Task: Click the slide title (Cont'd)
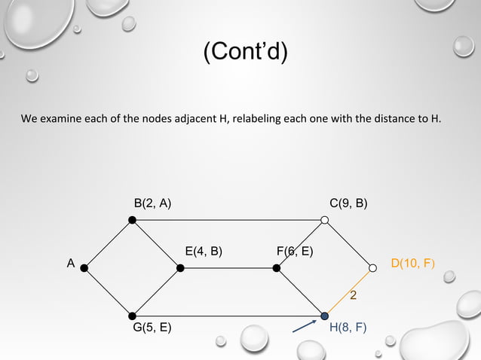pos(246,53)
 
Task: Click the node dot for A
pos(84,267)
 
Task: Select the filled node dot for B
pos(132,220)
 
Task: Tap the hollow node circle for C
pos(325,220)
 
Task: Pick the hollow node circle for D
pos(372,267)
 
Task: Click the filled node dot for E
pos(179,267)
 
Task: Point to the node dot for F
pos(277,267)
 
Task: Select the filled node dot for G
pos(132,315)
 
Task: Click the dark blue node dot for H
pos(325,315)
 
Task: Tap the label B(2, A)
pos(152,203)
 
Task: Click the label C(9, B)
pos(348,203)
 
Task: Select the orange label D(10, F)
pos(412,263)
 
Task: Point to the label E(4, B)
pos(204,251)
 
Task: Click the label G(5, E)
pos(152,328)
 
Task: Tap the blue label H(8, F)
pos(348,328)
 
